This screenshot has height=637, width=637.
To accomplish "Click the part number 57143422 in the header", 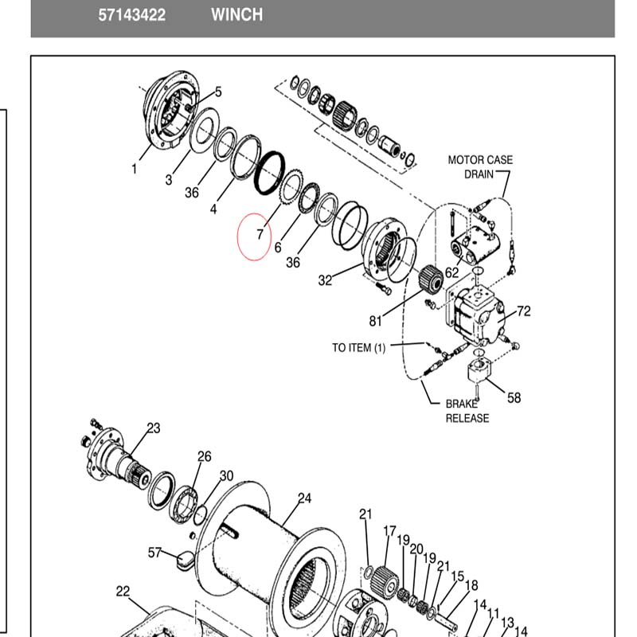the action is pyautogui.click(x=131, y=15).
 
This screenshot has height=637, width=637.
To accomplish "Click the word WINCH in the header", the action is pyautogui.click(x=236, y=15).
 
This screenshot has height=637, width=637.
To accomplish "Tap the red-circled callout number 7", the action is pyautogui.click(x=260, y=234).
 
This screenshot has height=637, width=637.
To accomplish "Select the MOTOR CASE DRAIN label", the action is pyautogui.click(x=481, y=167).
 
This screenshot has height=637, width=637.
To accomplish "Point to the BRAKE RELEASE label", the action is pyautogui.click(x=467, y=411).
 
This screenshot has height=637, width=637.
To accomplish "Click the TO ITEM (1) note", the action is pyautogui.click(x=359, y=348).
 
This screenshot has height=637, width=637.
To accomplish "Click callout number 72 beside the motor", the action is pyautogui.click(x=524, y=311).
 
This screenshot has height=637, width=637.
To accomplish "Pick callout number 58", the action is pyautogui.click(x=514, y=397).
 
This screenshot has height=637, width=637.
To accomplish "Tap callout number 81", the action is pyautogui.click(x=375, y=322).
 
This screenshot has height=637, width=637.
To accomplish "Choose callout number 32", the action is pyautogui.click(x=325, y=280).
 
